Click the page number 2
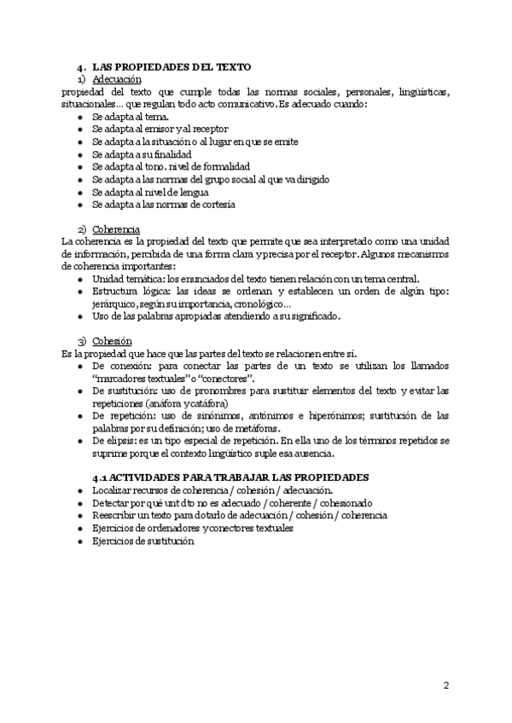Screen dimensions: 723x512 [x=446, y=686]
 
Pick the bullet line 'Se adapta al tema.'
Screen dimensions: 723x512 [x=130, y=117]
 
